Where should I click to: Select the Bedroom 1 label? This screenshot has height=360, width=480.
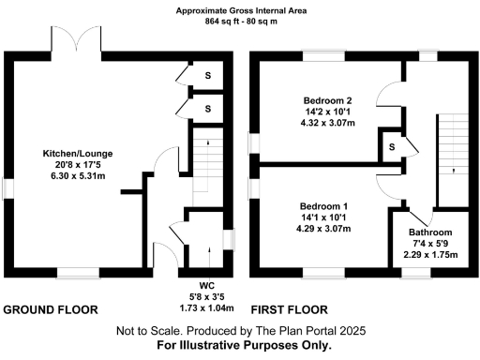pos(323,205)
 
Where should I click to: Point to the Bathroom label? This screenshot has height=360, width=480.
pos(430,232)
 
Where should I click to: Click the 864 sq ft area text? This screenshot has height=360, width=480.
pos(239,23)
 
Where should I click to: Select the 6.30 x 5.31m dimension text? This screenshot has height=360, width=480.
pos(79,177)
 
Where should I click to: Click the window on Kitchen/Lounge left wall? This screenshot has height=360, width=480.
pos(7,188)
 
